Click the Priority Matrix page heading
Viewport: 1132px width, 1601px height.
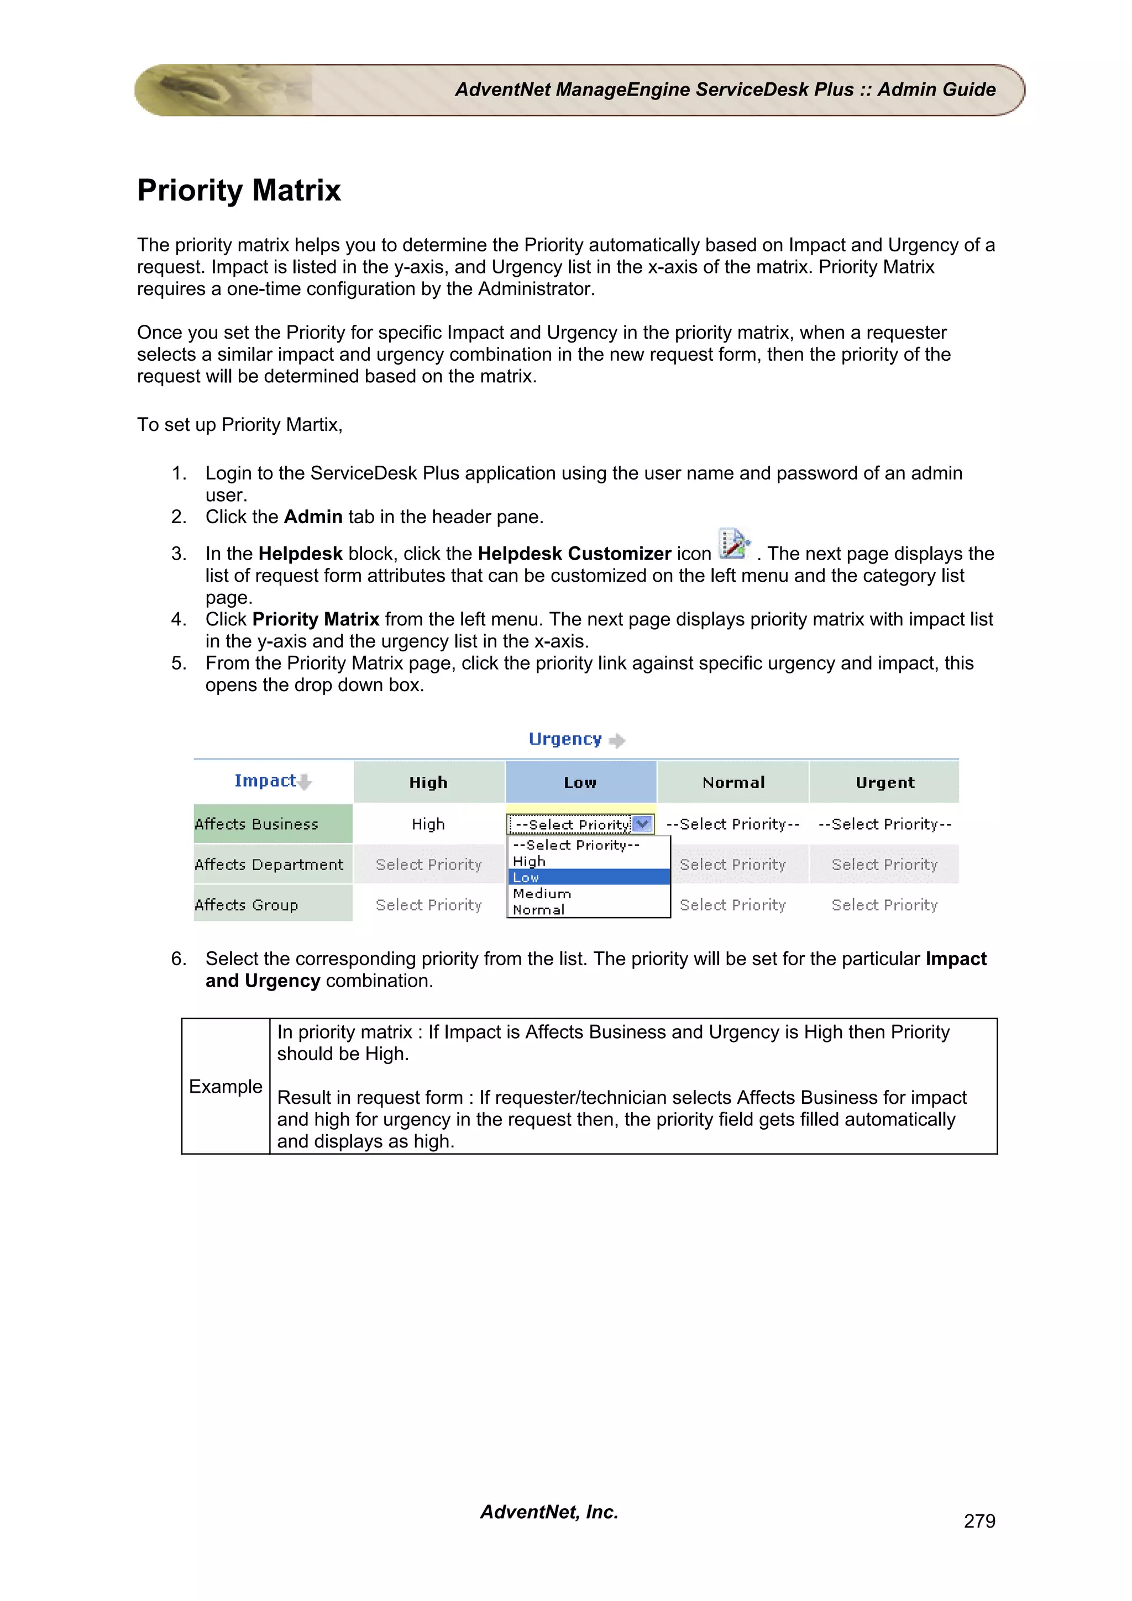coord(239,191)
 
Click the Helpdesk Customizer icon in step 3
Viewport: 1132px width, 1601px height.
coord(733,544)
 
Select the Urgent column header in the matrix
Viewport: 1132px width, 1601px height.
coord(884,782)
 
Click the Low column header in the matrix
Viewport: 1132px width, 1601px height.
coord(580,782)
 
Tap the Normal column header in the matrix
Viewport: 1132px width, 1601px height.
coord(733,782)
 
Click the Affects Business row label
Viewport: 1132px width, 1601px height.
coord(256,824)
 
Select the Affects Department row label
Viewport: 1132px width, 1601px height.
coord(269,865)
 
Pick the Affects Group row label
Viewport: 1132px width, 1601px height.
coord(246,905)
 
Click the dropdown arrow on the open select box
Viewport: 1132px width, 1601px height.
coord(643,824)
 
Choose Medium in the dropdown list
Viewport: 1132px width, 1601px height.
coord(542,893)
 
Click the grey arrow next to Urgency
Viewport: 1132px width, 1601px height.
coord(616,740)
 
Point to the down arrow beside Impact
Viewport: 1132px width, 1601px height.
coord(305,782)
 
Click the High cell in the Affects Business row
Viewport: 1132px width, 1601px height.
coord(428,824)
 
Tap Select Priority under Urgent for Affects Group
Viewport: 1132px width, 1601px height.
coord(884,905)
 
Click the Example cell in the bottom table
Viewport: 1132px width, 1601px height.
coord(226,1086)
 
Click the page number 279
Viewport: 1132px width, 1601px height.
coord(979,1521)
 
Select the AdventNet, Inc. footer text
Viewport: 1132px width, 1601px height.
coord(549,1512)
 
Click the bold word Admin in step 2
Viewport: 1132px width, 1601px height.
coord(313,517)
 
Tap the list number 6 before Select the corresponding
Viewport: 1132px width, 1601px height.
coord(179,959)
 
